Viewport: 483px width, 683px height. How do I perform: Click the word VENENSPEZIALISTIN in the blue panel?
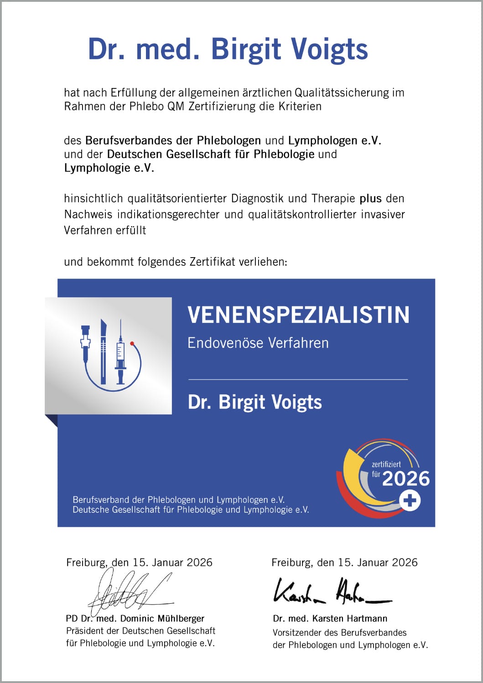click(x=298, y=315)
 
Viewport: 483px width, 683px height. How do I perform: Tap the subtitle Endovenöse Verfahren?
click(x=258, y=342)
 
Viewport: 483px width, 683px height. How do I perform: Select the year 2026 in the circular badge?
click(x=405, y=479)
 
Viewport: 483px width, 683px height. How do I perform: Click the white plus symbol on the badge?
click(x=410, y=501)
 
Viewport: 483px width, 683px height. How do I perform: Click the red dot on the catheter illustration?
click(x=132, y=343)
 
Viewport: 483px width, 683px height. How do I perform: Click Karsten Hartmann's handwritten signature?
click(x=331, y=591)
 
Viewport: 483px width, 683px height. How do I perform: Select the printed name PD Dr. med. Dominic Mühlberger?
click(x=135, y=618)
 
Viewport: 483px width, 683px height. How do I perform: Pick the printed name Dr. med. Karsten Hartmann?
click(x=330, y=618)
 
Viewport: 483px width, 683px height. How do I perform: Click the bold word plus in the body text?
click(x=370, y=198)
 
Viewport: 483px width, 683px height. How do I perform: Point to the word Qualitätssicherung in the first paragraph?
click(x=342, y=93)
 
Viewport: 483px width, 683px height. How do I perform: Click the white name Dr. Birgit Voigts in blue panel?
click(x=254, y=402)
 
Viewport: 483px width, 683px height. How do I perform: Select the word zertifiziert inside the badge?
click(x=386, y=464)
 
